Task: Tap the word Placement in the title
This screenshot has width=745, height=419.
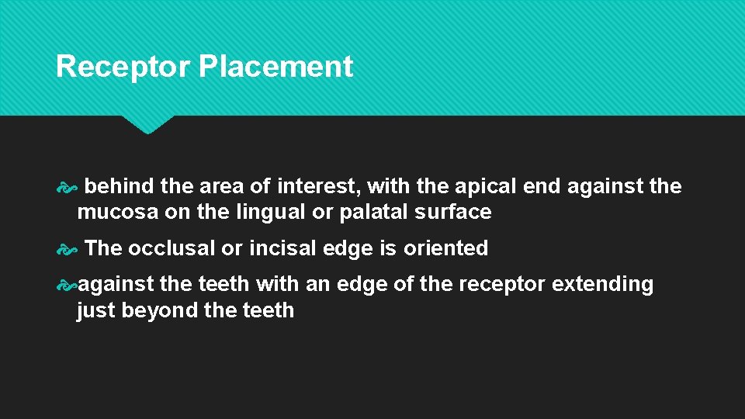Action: tap(275, 67)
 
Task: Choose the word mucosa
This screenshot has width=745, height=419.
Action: tap(117, 212)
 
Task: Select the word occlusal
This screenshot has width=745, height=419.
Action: tap(172, 248)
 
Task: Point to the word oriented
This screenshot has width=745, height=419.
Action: tap(445, 248)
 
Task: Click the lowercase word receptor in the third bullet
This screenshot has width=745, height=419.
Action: tap(502, 284)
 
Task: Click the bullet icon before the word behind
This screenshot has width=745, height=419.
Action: tap(66, 187)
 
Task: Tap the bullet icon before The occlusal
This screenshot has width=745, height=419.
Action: tap(66, 249)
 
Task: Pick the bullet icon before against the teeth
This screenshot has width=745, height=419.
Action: tap(66, 285)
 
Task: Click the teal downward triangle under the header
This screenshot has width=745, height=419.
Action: tap(147, 124)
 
